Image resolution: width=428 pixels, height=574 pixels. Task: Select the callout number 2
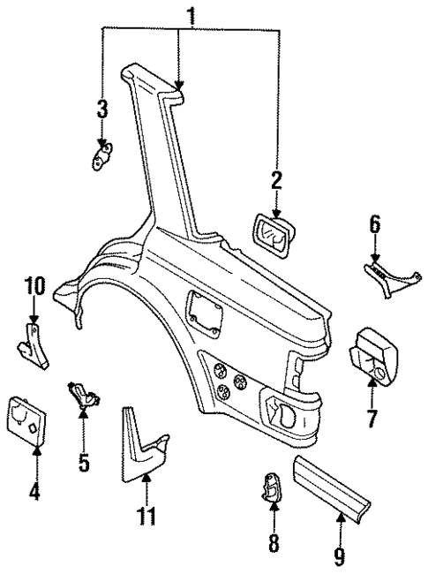[276, 181]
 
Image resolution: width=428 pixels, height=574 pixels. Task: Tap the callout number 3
[102, 110]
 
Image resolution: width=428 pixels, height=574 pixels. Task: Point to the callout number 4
[35, 489]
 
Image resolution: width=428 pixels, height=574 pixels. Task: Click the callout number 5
[84, 462]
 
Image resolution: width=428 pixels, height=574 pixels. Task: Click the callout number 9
[340, 556]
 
